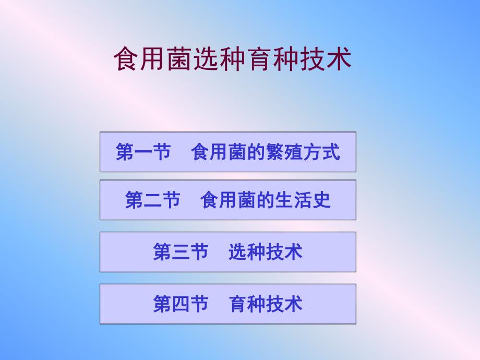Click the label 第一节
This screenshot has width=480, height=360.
[x=143, y=152]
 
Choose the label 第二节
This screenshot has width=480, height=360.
[x=152, y=200]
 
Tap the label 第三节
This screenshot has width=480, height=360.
[x=181, y=252]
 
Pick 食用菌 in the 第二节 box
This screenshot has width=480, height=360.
[x=229, y=200]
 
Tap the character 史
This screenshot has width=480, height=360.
[x=322, y=200]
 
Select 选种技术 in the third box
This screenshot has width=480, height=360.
[x=266, y=252]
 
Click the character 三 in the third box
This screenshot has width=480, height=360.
[x=181, y=252]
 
